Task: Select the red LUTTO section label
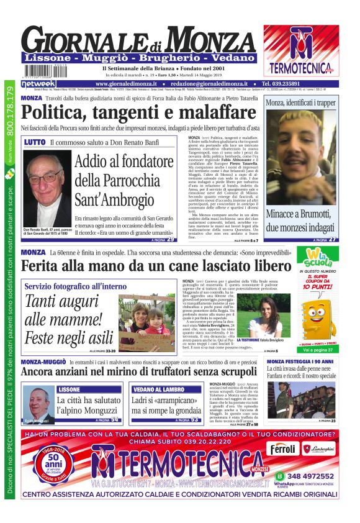35,142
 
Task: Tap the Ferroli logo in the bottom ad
284,448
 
